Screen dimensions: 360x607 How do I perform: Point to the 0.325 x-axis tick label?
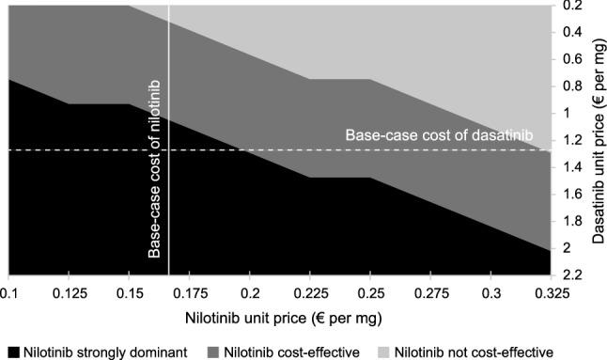[x=551, y=293]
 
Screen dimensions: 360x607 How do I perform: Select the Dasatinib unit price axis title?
[x=598, y=141]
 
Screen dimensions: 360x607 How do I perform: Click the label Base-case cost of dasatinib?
[x=439, y=135]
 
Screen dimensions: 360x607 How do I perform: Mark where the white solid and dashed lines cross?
[x=168, y=149]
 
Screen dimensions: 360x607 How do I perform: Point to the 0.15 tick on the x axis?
[x=129, y=293]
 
